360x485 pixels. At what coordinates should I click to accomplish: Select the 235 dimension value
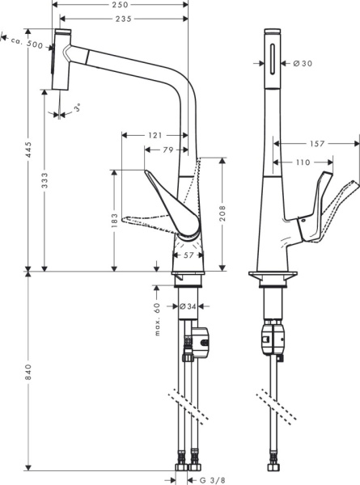[x=124, y=19]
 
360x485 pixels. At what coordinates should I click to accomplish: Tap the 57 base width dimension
[x=188, y=255]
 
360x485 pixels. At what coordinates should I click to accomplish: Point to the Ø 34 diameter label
[x=187, y=306]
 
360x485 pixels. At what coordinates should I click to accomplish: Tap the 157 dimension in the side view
[x=317, y=144]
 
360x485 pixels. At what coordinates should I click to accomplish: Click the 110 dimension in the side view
[x=303, y=162]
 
